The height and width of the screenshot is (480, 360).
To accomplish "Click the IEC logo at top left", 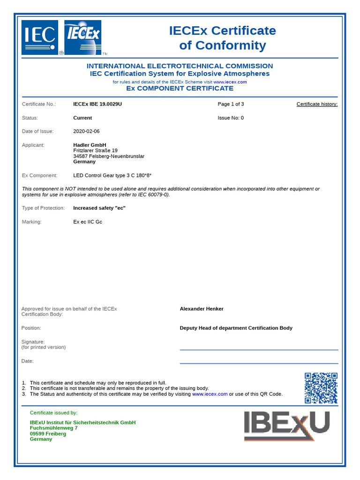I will [40, 37].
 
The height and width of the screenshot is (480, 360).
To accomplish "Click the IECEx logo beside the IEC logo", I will [82, 37].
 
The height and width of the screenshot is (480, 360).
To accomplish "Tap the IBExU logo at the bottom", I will [286, 425].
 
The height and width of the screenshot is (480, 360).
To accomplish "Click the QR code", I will [321, 388].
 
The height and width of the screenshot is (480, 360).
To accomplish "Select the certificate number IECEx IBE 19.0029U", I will [97, 104].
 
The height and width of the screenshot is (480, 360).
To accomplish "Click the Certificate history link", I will [317, 104].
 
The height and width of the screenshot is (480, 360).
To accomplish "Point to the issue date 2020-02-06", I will [87, 131].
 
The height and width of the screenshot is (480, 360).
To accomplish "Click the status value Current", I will [82, 118].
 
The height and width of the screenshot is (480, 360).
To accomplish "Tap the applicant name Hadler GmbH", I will [90, 145].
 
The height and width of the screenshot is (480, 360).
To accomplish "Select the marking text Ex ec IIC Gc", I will [88, 222].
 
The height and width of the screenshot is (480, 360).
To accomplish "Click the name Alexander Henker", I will [202, 309].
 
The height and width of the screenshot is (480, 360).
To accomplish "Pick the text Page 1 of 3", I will [231, 104].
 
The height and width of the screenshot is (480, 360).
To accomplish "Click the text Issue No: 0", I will [231, 118].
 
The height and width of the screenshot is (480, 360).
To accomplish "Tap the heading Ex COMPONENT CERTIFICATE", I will [180, 88].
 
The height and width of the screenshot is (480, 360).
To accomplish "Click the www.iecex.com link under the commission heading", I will [230, 82].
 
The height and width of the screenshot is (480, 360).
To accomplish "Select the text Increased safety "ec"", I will [99, 208].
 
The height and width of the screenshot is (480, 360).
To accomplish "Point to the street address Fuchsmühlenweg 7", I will [54, 428].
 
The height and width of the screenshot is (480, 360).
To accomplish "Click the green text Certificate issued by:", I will [54, 413].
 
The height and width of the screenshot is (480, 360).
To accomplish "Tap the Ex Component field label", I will [40, 175].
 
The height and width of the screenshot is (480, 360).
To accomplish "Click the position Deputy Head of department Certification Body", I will [236, 328].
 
